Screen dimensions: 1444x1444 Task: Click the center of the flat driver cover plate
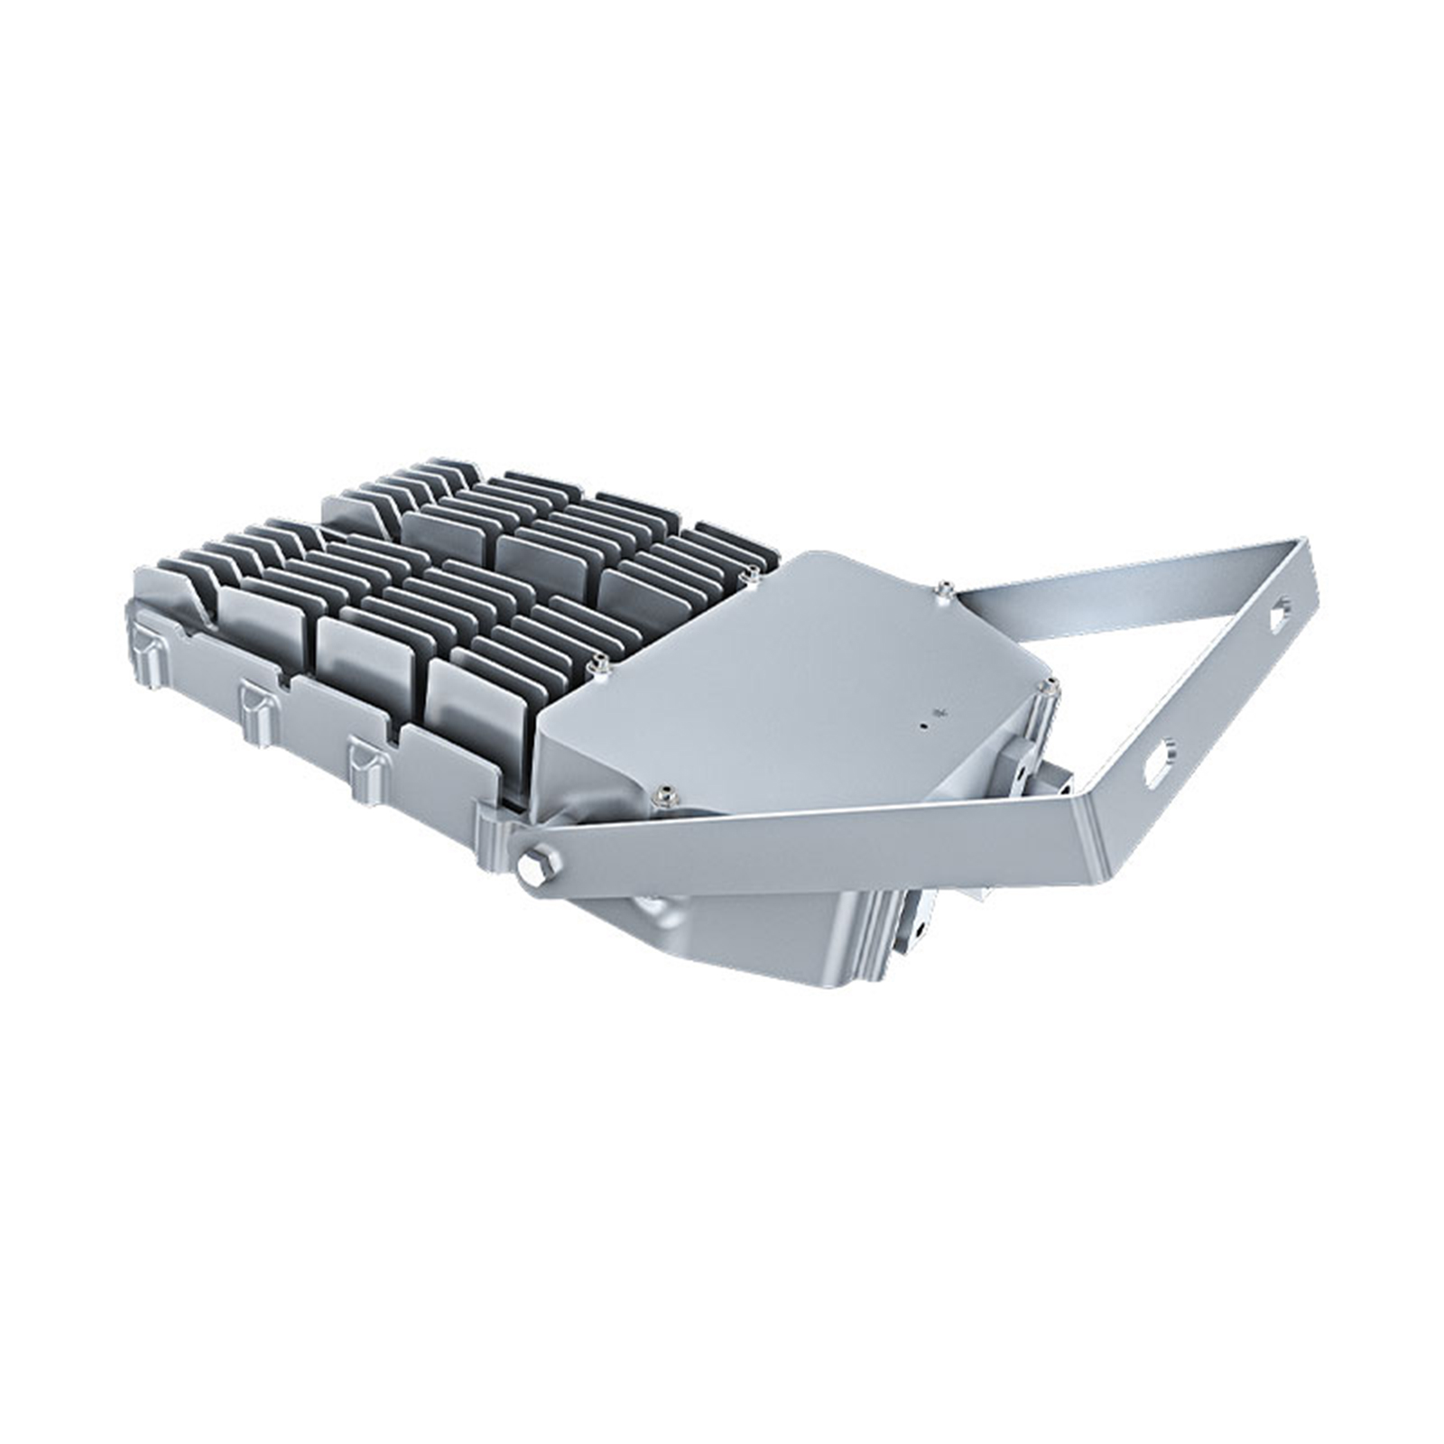803,677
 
